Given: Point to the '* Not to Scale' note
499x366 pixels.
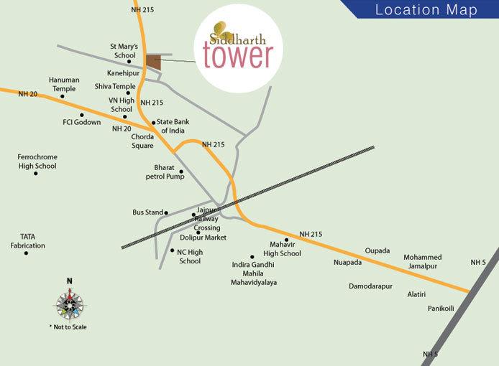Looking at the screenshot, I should [x=69, y=327].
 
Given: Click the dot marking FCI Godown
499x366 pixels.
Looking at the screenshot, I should [x=81, y=114].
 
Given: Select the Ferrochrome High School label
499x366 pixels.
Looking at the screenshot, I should [x=37, y=161].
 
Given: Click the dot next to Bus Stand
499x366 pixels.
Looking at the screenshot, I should [x=166, y=212].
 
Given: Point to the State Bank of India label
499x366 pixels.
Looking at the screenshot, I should [x=172, y=127].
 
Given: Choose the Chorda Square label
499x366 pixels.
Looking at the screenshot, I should [x=142, y=141].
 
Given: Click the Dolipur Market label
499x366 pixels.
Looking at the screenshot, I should [x=203, y=237].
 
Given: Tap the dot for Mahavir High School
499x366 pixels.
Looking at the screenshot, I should [x=287, y=240].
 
